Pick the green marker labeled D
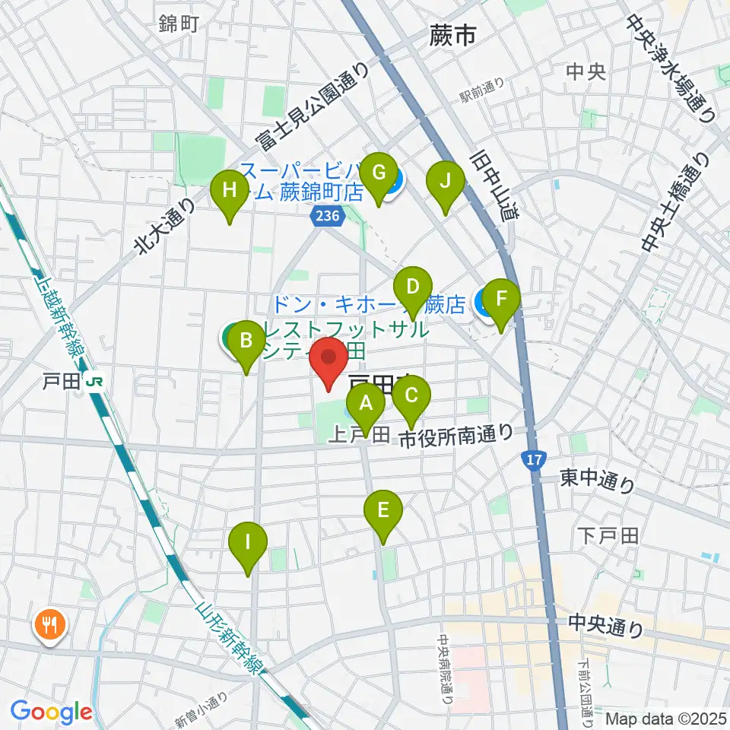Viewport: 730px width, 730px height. point(412,289)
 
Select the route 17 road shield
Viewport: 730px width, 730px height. point(534,460)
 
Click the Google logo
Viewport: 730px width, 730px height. point(51,713)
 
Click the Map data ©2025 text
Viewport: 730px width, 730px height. point(666,719)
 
